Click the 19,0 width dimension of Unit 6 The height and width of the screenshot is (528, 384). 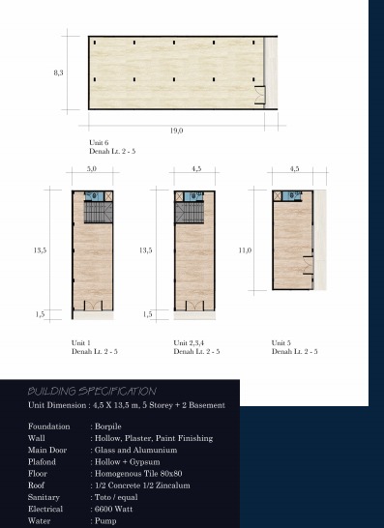pos(176,131)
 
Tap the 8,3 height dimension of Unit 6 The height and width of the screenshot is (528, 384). pos(58,73)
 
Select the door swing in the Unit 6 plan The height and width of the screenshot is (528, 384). pos(259,95)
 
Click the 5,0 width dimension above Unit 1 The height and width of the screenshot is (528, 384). pos(92,168)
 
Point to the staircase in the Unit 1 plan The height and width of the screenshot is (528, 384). pos(98,212)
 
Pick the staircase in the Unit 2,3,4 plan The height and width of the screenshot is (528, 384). pos(190,212)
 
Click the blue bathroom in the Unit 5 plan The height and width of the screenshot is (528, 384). pos(292,195)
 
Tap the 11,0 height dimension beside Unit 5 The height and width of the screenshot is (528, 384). pos(245,250)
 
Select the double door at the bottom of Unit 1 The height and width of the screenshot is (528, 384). pos(93,306)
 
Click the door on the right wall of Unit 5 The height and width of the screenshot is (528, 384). pos(309,265)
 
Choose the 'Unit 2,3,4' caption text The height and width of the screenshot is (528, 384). pos(189,342)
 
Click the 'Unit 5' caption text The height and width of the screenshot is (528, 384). pos(281,342)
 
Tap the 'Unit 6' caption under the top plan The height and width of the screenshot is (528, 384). pos(99,142)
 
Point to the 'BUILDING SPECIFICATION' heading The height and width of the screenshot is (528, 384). pos(92,391)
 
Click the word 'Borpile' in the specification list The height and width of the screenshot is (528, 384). pos(107,426)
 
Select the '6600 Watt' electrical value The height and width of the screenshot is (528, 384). pos(113,509)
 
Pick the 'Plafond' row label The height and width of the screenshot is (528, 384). pos(42,461)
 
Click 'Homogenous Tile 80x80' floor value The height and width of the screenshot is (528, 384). pos(138,474)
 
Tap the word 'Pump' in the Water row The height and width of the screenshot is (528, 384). pos(105,521)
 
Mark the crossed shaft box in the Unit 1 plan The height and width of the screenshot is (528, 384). pos(108,196)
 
